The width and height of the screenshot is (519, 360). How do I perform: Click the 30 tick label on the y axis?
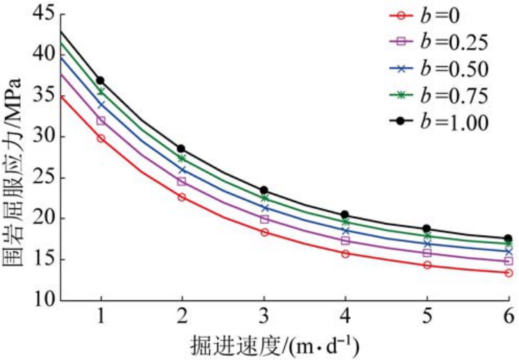coord(43,136)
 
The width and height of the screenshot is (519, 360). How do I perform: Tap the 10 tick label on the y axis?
coord(43,300)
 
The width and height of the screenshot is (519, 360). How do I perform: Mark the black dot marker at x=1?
coord(101,81)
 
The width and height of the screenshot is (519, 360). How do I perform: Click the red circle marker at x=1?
coord(101,138)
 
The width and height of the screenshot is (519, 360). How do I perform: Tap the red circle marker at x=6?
coord(508,273)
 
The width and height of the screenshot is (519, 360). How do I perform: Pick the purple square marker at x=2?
coord(182,181)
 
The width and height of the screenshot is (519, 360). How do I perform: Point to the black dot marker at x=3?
coord(264,190)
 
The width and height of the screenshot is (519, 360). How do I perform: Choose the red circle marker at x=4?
coord(345,254)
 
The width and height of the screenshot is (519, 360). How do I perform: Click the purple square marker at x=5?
coord(427,253)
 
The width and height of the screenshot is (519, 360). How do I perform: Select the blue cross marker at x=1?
coord(101,105)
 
